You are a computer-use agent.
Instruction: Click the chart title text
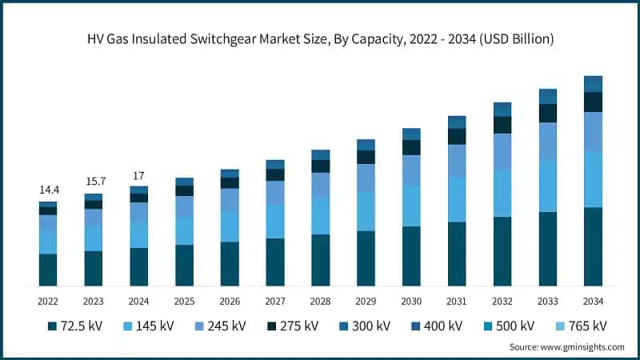coord(320,38)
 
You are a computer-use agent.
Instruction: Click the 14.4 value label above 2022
coord(49,190)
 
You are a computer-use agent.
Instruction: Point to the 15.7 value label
coord(94,182)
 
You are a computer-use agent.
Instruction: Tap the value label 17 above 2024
coord(139,175)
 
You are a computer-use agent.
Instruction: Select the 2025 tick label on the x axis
coord(185,301)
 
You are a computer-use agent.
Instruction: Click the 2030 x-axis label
coord(411,301)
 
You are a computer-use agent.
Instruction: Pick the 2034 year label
coord(593,301)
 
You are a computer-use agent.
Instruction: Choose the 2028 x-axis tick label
coord(321,301)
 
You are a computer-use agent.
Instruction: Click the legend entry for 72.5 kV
coord(75,326)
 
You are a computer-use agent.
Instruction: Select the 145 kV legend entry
coord(149,326)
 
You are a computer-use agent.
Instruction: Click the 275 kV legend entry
coord(293,326)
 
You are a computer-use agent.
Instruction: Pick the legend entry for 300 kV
coord(365,326)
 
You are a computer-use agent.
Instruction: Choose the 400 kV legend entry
coord(437,326)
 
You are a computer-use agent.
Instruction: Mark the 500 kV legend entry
coord(509,326)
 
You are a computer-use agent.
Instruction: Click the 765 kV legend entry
coord(581,326)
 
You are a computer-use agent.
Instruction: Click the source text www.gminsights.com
coord(566,347)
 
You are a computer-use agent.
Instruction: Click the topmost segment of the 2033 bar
coord(548,96)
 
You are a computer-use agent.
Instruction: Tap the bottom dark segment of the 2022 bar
coord(49,270)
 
